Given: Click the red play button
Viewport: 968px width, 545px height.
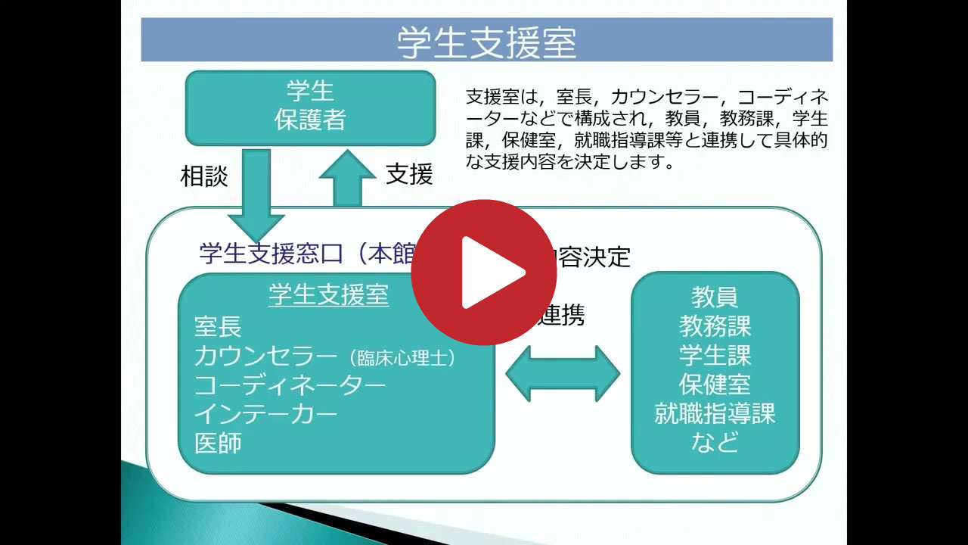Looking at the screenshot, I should pos(484,272).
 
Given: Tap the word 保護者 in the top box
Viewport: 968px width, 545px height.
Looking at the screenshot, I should pos(310,120).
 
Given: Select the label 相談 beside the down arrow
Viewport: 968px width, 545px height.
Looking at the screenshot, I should pos(203,176).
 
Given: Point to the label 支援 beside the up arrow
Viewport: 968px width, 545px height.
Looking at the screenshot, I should pos(409,174).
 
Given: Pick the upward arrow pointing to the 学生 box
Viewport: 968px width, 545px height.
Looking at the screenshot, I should pos(347,178).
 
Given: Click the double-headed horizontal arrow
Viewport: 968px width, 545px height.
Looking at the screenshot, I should pos(563,373).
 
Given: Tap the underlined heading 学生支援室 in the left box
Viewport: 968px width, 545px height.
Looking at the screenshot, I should pos(329,295).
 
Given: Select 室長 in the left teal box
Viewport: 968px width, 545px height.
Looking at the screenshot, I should pos(218,327).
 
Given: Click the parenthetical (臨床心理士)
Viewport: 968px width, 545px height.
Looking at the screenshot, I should pos(402,358).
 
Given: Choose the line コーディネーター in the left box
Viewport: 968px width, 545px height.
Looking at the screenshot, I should pos(290,385).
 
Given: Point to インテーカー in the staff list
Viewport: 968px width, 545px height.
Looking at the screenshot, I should pos(265,414).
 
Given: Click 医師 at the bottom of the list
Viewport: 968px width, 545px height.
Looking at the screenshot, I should pos(218,443).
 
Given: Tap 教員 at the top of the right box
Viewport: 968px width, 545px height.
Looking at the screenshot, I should pos(715,296).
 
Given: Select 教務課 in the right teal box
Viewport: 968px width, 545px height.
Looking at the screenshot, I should pos(715,326).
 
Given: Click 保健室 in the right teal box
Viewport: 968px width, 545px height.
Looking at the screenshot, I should pos(715,385).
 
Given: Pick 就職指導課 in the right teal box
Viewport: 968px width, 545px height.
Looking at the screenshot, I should pos(715,413).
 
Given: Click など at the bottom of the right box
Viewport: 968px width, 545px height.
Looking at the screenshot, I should pos(715,442).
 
